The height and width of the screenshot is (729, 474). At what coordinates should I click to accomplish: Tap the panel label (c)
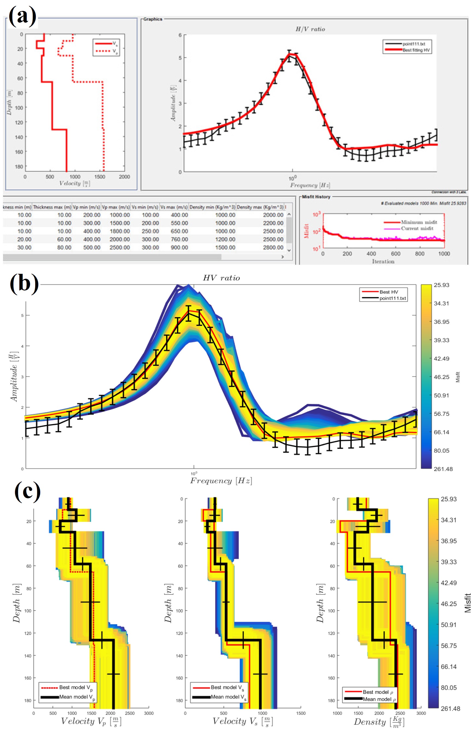point(27,492)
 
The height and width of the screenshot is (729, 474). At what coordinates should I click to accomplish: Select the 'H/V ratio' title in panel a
point(310,29)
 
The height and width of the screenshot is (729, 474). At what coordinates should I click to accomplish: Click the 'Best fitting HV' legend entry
point(416,50)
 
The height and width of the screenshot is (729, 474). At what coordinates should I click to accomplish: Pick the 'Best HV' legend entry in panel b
point(388,292)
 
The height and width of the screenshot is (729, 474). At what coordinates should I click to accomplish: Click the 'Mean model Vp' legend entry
point(77,697)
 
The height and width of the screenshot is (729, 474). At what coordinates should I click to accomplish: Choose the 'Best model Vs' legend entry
point(227,688)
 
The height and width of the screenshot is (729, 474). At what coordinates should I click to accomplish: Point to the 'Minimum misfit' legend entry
point(419,222)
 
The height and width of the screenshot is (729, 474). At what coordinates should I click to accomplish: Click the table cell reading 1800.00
point(120,231)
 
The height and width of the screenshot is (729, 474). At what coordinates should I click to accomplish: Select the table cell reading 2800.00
point(273,247)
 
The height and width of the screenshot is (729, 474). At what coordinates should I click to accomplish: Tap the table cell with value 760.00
point(179,239)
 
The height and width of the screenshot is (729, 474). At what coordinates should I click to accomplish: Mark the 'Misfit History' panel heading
point(316,197)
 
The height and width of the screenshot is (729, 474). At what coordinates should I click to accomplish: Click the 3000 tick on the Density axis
point(421,713)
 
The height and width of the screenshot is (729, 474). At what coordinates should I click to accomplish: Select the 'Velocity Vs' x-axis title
point(242,721)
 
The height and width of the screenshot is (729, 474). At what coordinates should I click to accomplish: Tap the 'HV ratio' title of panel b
point(221,278)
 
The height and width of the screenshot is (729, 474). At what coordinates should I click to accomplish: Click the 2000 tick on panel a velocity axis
point(124,177)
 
